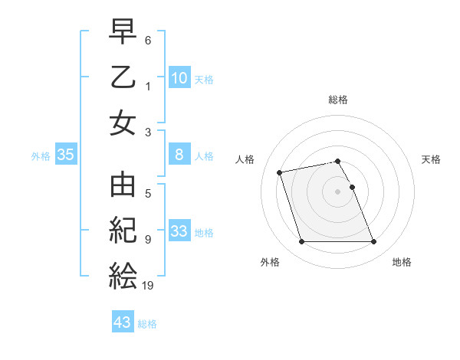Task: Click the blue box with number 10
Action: [x=179, y=77]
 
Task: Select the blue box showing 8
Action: [x=179, y=155]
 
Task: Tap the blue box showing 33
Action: [x=179, y=231]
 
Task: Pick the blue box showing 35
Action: [x=66, y=155]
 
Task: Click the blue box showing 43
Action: [x=123, y=322]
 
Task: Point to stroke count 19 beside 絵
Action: [x=149, y=286]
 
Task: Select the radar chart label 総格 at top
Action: [x=338, y=100]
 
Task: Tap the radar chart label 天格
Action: [x=432, y=159]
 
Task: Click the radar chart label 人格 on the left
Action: [x=246, y=159]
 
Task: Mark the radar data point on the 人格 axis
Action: [x=280, y=172]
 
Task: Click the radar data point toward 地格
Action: [x=373, y=242]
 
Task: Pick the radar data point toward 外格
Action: [x=301, y=242]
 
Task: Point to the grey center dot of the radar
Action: [x=338, y=191]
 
